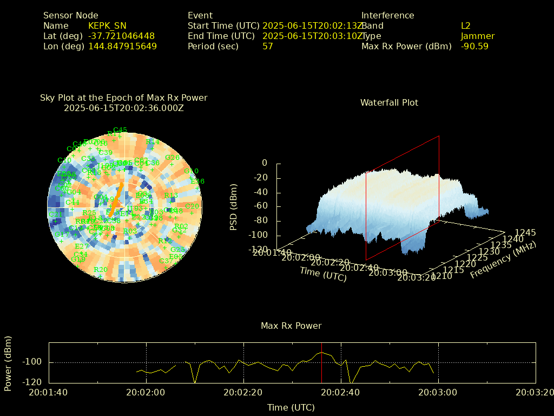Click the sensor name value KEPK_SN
107,26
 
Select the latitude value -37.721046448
121,36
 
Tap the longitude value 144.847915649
122,47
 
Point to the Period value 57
268,47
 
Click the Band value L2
465,26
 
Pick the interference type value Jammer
478,36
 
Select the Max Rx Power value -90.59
474,47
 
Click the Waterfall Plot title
389,102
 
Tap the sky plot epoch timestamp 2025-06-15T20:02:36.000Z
124,108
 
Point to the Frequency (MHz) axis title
503,259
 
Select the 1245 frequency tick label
525,232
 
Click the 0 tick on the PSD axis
265,163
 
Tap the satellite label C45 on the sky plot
120,130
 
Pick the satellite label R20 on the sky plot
100,270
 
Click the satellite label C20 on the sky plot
192,206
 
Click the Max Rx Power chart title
291,326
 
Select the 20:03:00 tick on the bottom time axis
438,392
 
